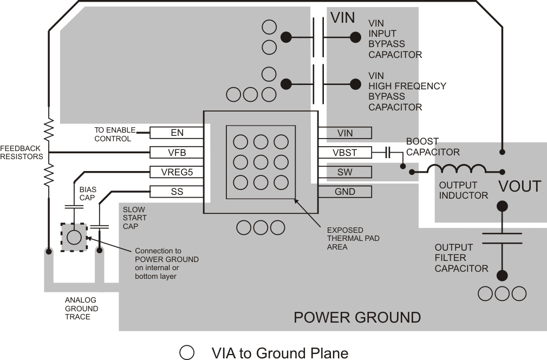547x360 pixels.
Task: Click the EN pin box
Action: [x=177, y=133]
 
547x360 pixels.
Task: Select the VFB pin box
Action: [x=177, y=153]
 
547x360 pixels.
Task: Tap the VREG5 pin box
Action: [x=177, y=172]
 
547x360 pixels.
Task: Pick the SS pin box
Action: [x=177, y=192]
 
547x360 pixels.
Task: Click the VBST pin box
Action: [x=344, y=153]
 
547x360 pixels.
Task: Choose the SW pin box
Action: [x=344, y=172]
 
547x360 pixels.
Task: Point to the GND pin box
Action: [x=344, y=192]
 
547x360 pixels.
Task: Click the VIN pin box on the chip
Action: [x=344, y=133]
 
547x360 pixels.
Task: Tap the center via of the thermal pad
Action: [x=261, y=162]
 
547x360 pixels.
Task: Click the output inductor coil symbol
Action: [x=456, y=169]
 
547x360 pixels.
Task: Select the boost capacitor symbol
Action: [x=388, y=153]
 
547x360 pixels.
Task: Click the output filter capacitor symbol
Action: [x=502, y=239]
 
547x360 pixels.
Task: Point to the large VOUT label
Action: [x=519, y=187]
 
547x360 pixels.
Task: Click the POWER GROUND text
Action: [x=357, y=317]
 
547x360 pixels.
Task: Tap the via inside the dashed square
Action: [x=74, y=237]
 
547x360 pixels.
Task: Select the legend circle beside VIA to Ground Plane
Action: [x=187, y=353]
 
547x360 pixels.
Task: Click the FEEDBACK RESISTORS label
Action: [x=21, y=152]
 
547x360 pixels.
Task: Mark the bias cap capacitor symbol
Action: [x=74, y=206]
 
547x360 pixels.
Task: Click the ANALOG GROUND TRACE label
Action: [x=81, y=309]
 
